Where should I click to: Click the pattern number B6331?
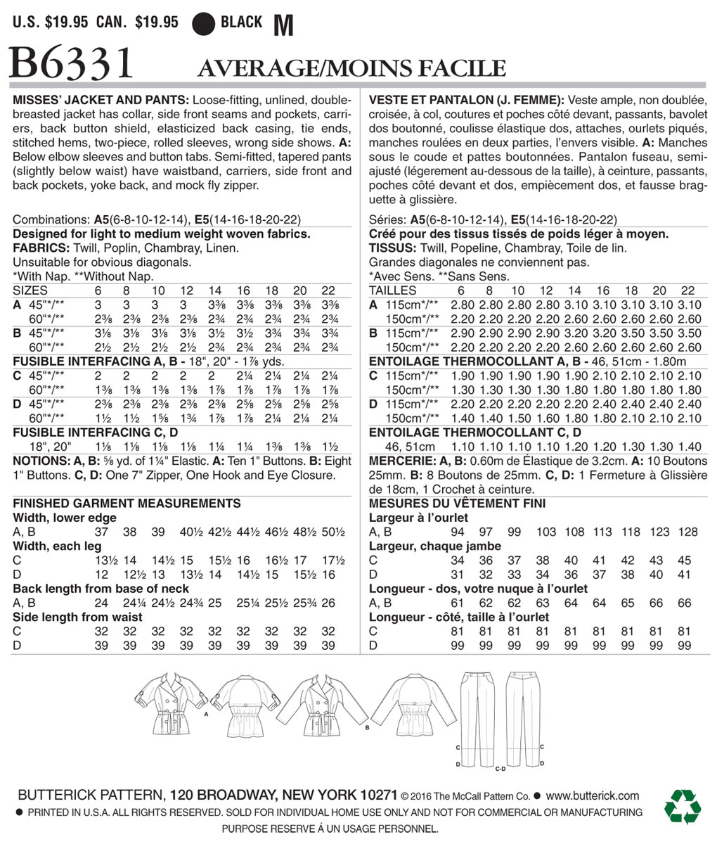[x=70, y=64]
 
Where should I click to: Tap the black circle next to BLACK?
[x=203, y=23]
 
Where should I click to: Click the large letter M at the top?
[x=282, y=26]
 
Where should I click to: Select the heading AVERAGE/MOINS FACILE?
[x=351, y=68]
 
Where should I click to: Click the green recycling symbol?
[x=683, y=806]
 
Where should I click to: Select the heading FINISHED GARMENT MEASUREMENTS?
[x=127, y=504]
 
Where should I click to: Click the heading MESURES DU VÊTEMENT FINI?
[x=457, y=504]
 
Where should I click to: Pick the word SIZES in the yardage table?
[x=30, y=290]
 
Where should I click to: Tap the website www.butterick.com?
[x=593, y=796]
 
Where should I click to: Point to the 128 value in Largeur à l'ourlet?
[x=690, y=532]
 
